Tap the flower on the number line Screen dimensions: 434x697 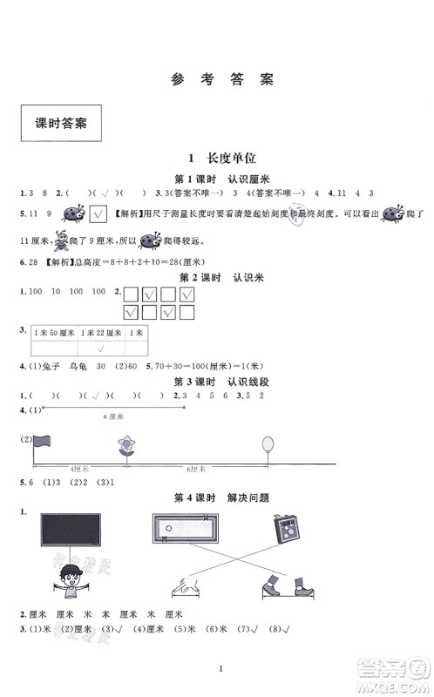[127, 447]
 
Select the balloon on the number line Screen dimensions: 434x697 [267, 446]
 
